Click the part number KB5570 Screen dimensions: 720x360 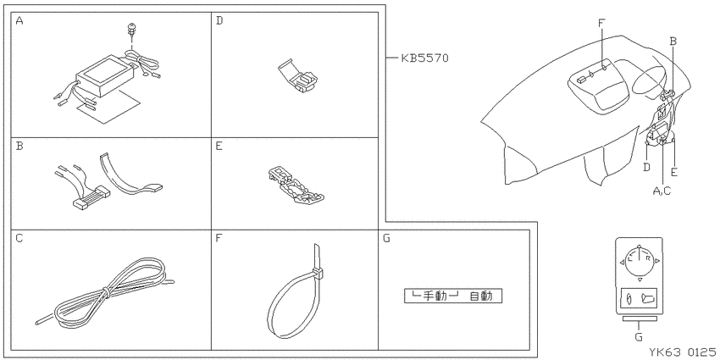424,58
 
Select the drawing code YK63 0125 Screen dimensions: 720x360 683,352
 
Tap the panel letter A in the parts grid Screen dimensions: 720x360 19,20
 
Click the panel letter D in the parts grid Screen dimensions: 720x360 219,20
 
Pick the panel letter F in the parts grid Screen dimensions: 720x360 219,238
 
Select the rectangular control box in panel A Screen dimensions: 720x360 105,75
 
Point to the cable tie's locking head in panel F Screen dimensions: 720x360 318,274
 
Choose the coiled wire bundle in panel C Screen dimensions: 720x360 105,292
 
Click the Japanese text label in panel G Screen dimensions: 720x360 453,296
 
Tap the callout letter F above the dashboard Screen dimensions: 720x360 602,21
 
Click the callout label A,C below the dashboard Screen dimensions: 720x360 662,191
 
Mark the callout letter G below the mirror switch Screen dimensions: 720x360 639,337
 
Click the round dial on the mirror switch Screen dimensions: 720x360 640,261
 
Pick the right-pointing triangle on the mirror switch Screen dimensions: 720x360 657,261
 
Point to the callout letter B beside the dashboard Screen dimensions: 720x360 673,42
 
